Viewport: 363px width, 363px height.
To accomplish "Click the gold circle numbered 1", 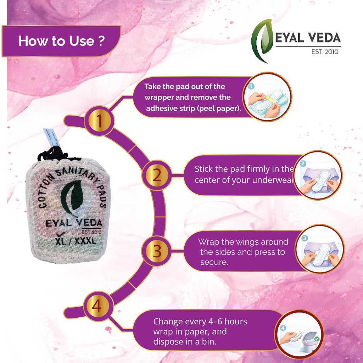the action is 99,121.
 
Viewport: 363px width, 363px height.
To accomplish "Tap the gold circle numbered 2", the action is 157,175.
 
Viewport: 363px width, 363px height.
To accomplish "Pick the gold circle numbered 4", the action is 97,306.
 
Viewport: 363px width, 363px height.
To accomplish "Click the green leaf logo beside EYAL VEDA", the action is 263,40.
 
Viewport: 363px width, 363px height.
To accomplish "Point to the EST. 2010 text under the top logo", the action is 325,52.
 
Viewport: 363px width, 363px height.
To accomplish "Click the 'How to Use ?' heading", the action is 62,41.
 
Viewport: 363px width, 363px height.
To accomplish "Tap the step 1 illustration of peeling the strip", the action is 267,97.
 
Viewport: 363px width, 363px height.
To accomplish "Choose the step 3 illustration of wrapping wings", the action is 319,249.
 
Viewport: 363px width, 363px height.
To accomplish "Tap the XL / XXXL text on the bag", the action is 76,241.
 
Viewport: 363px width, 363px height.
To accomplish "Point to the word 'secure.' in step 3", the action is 214,262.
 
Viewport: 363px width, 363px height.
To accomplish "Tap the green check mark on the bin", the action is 317,339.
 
